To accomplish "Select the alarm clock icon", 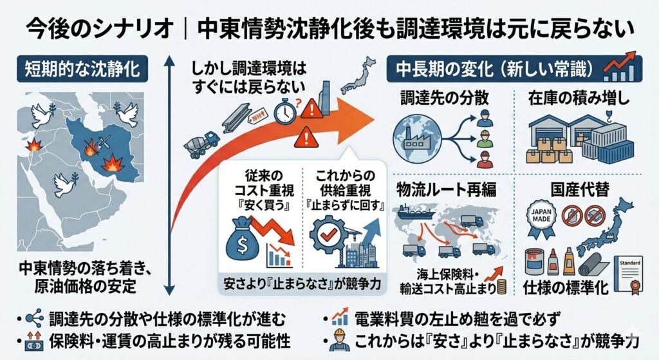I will coord(284,111).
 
